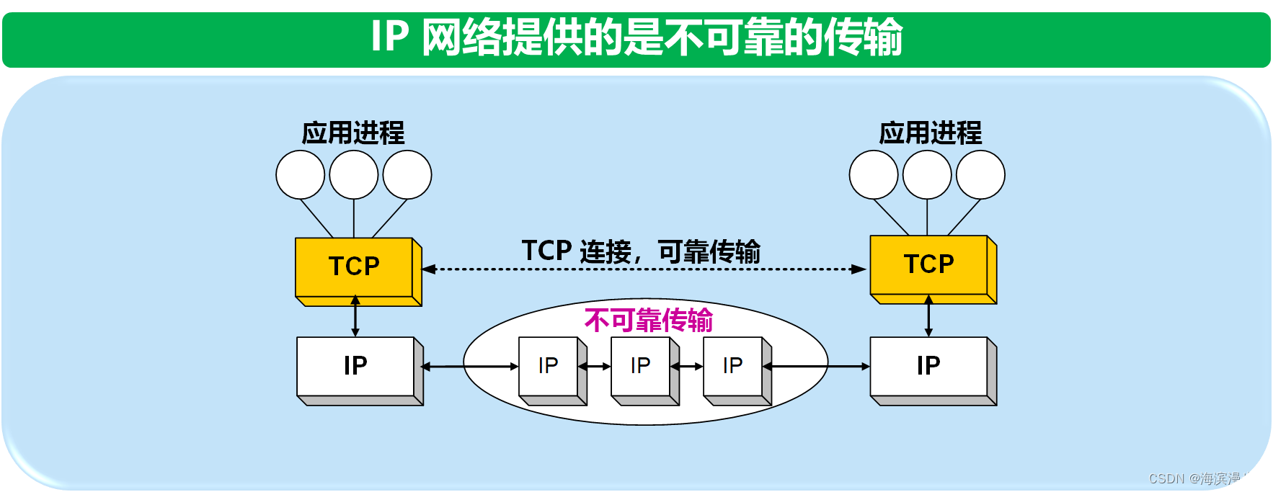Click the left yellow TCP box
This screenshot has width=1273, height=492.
pos(354,267)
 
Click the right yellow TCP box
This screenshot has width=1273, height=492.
pos(928,264)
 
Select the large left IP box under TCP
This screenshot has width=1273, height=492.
pos(355,366)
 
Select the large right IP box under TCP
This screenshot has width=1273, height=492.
pos(928,366)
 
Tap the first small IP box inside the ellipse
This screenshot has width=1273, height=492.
pos(548,366)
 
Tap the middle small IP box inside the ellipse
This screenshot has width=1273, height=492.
pos(640,366)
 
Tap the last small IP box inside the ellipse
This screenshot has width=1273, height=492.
pos(732,366)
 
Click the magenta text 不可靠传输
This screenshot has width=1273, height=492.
pos(648,321)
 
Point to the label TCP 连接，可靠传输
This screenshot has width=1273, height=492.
pos(640,251)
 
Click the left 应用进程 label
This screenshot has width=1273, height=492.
pos(353,133)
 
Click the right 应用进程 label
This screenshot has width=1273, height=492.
pos(930,133)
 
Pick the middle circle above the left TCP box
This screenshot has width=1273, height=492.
pos(354,174)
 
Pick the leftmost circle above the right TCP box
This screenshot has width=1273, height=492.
pos(874,174)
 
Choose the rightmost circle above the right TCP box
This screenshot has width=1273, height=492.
pos(980,174)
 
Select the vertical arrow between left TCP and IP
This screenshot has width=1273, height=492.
pos(355,317)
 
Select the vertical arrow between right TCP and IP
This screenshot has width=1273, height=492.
pos(928,317)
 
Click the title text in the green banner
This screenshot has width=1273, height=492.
pos(636,37)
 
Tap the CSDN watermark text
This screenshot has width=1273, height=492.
pos(1205,478)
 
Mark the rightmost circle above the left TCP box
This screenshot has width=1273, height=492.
pos(407,174)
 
